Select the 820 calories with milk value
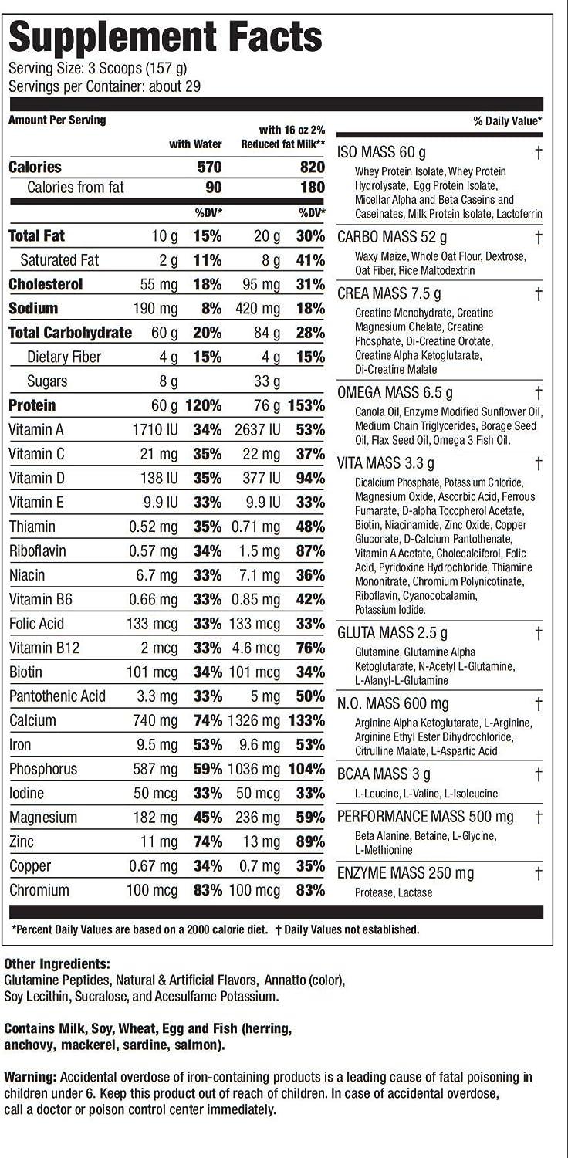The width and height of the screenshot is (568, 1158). click(x=311, y=168)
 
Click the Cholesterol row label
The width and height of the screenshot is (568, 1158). click(x=46, y=284)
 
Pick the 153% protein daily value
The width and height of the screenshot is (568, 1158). click(x=306, y=405)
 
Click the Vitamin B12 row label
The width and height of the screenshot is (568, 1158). click(x=41, y=648)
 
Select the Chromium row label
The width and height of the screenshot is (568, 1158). click(x=39, y=890)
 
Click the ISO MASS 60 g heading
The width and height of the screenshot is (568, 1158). click(x=381, y=152)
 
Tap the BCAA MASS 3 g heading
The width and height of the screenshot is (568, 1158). click(x=384, y=774)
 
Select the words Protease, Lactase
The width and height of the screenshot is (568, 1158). click(x=394, y=892)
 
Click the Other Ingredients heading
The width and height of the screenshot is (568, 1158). click(x=57, y=964)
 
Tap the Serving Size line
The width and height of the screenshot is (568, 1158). click(x=97, y=68)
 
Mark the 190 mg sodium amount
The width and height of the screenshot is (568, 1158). click(x=160, y=309)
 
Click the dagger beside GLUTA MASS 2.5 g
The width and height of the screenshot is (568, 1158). click(x=539, y=633)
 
